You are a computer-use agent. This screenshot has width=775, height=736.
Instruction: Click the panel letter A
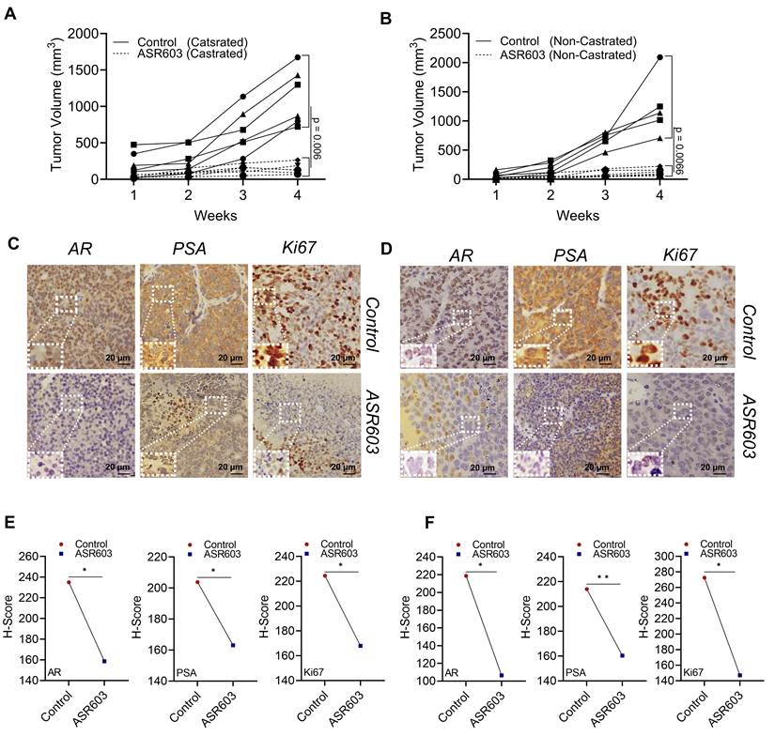[10, 14]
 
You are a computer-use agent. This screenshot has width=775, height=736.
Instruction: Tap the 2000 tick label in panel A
[83, 34]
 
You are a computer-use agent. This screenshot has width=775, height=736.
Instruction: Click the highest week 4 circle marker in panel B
[659, 57]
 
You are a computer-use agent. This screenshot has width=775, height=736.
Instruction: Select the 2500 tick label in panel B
[445, 34]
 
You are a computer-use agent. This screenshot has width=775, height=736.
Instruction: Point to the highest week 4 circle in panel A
[298, 57]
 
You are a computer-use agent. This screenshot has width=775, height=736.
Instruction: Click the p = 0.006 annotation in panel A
[317, 138]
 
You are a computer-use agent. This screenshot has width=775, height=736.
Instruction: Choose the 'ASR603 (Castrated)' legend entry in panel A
[180, 54]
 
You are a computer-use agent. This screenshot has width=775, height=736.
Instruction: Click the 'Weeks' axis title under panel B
[578, 215]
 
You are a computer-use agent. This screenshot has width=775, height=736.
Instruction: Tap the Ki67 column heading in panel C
[299, 248]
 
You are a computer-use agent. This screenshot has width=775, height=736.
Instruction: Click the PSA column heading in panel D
[571, 255]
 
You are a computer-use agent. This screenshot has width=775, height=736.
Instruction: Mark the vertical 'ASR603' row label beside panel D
[749, 426]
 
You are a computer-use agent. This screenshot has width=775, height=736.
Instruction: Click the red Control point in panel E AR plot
[69, 582]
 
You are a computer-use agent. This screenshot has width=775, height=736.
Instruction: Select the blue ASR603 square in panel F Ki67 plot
[740, 675]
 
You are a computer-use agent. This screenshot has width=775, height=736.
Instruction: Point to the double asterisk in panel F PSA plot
[602, 577]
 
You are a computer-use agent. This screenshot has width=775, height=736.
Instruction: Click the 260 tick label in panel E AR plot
[30, 557]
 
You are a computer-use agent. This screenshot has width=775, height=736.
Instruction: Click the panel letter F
[431, 523]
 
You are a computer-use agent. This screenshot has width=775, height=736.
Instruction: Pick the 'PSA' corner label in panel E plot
[186, 672]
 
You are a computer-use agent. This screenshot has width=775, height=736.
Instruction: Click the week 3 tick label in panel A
[242, 195]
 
